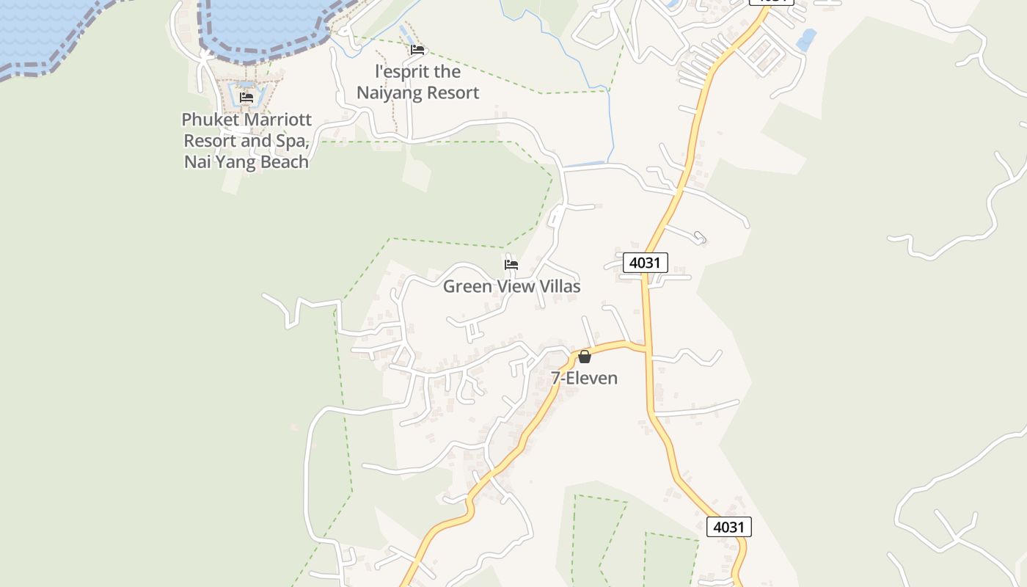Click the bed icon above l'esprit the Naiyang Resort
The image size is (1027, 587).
click(x=417, y=50)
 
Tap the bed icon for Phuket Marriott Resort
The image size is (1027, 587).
click(x=246, y=97)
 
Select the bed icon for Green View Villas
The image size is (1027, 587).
click(x=511, y=264)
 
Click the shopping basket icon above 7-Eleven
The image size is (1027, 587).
click(x=585, y=357)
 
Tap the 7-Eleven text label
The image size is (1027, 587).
click(x=585, y=379)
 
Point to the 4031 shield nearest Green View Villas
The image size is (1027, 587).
click(x=646, y=263)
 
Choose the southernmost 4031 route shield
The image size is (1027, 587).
click(x=729, y=527)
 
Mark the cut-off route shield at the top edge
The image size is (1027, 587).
click(x=772, y=1)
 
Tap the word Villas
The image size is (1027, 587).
click(x=560, y=287)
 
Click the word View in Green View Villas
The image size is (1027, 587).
click(x=516, y=287)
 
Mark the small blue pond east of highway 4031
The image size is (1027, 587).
click(x=806, y=40)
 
